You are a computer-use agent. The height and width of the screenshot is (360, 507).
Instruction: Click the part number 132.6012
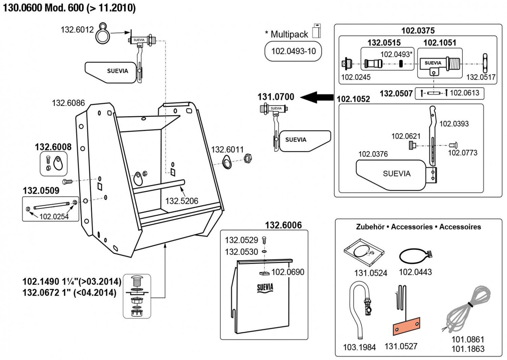coord(77,29)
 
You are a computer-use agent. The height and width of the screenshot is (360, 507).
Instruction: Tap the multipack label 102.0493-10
coord(293,51)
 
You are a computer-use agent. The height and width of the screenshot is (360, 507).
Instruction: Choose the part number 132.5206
coord(181,201)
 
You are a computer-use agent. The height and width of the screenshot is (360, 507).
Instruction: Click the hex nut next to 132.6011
coord(248,159)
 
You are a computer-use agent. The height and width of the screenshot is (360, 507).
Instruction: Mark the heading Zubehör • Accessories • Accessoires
coord(418,227)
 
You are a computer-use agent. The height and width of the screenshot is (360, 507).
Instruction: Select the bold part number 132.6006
coord(283,225)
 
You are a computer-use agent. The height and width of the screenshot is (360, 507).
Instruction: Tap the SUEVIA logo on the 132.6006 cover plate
coord(265,288)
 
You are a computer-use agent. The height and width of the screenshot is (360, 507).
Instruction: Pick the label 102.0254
coord(54,217)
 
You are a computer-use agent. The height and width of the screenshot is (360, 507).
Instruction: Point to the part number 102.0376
coord(373,154)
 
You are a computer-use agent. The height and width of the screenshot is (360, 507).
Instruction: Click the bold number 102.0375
coord(418,31)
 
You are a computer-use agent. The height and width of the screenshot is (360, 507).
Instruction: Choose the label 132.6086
coord(68,103)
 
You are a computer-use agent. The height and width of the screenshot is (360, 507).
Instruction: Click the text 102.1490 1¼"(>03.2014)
coord(72,282)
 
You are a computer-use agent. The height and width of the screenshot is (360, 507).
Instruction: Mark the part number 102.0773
coord(462,153)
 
